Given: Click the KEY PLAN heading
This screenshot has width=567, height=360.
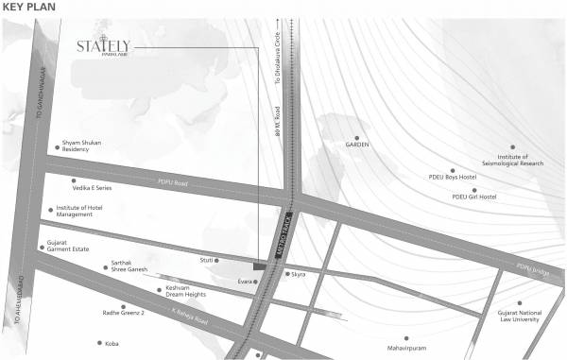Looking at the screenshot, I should click(30, 8).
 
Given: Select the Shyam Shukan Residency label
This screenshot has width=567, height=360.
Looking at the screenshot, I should click(81, 146).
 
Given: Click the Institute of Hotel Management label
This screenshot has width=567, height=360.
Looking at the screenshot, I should click(87, 211).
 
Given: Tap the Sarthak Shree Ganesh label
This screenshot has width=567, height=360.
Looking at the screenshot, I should click(130, 267).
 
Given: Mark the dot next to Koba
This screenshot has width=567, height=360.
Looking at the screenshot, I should click(99, 343).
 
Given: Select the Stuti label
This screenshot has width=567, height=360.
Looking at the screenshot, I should click(206, 258).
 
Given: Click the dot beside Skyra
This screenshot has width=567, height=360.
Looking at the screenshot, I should click(287, 274).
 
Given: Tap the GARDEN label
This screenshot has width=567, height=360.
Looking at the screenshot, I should click(356, 145).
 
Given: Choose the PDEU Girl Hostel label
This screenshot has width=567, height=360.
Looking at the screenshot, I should click(474, 197).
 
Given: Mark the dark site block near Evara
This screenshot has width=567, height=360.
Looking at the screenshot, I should click(258, 267).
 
